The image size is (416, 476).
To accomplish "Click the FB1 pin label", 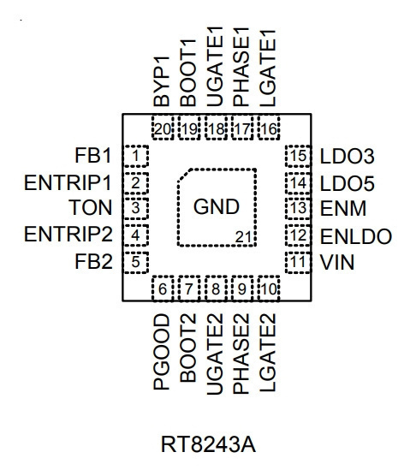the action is (x=92, y=156).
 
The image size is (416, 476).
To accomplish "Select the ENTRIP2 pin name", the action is (x=68, y=235).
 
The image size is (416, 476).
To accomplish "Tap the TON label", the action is (x=91, y=208).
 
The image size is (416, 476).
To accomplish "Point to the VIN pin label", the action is (x=337, y=262).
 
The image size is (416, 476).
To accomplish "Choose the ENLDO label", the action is (x=356, y=236).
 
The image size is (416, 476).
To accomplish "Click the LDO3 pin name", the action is (x=348, y=157).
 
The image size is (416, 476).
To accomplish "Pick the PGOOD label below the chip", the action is (x=162, y=352).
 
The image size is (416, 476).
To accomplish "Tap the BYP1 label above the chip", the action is (x=162, y=81).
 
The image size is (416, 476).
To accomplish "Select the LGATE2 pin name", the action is (x=268, y=353).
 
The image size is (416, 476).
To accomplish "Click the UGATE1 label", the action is (x=215, y=67).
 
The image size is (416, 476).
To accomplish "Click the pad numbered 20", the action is (x=163, y=128).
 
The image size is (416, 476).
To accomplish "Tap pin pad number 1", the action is (x=136, y=156).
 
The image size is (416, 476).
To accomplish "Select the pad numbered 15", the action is (x=298, y=156).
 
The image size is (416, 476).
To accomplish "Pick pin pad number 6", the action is (x=163, y=289).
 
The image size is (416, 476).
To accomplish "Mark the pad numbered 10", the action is (x=269, y=289).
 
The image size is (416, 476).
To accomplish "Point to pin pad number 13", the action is (x=298, y=209).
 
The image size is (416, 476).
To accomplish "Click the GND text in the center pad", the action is (x=217, y=207).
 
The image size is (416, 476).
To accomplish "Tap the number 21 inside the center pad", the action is (x=243, y=237).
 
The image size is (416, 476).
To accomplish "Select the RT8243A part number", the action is (x=208, y=444).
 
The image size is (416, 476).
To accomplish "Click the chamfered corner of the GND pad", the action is (x=184, y=176).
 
